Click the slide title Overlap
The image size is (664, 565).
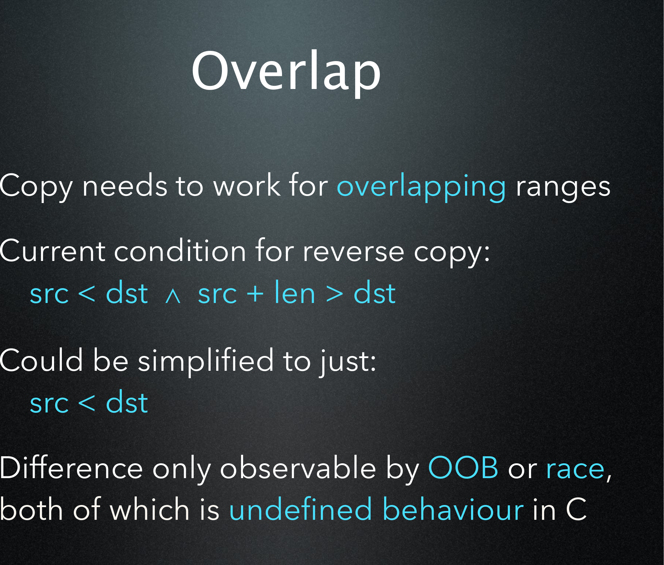286,72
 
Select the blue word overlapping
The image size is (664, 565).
421,188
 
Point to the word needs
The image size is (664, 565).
124,185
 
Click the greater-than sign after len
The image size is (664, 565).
334,294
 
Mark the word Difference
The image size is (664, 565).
71,468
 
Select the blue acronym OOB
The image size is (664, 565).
463,468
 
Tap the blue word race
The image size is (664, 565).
575,470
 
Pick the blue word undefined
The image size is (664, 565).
300,509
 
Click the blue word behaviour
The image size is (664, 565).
453,509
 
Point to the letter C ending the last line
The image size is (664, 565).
576,509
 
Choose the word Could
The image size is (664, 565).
41,360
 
